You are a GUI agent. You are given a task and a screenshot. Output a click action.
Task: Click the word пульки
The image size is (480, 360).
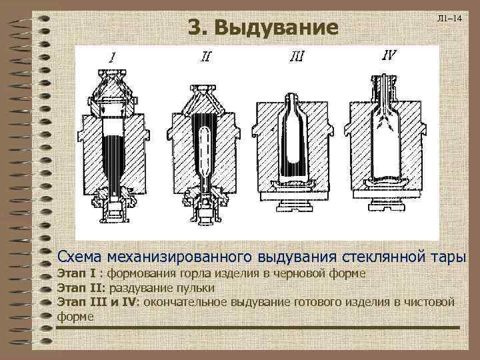196,288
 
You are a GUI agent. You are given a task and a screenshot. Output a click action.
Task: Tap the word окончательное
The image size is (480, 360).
184,302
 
